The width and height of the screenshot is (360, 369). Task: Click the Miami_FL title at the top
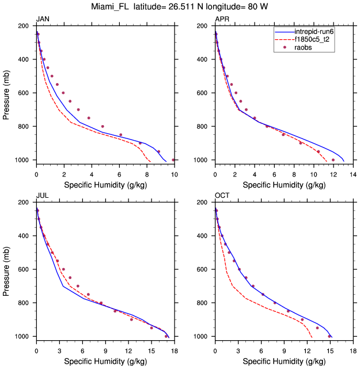[180, 7]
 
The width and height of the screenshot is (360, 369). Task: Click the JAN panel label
[43, 20]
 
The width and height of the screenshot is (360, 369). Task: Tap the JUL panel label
[42, 196]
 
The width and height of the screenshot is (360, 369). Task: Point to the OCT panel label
[222, 196]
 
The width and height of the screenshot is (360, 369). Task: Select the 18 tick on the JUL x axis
[175, 350]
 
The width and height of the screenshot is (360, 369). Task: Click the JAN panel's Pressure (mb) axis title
[7, 93]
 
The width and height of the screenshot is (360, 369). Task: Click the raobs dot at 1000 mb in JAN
[173, 160]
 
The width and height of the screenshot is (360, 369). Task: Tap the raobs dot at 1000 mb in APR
[333, 160]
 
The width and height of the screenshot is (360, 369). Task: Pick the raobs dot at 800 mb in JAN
[103, 126]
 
